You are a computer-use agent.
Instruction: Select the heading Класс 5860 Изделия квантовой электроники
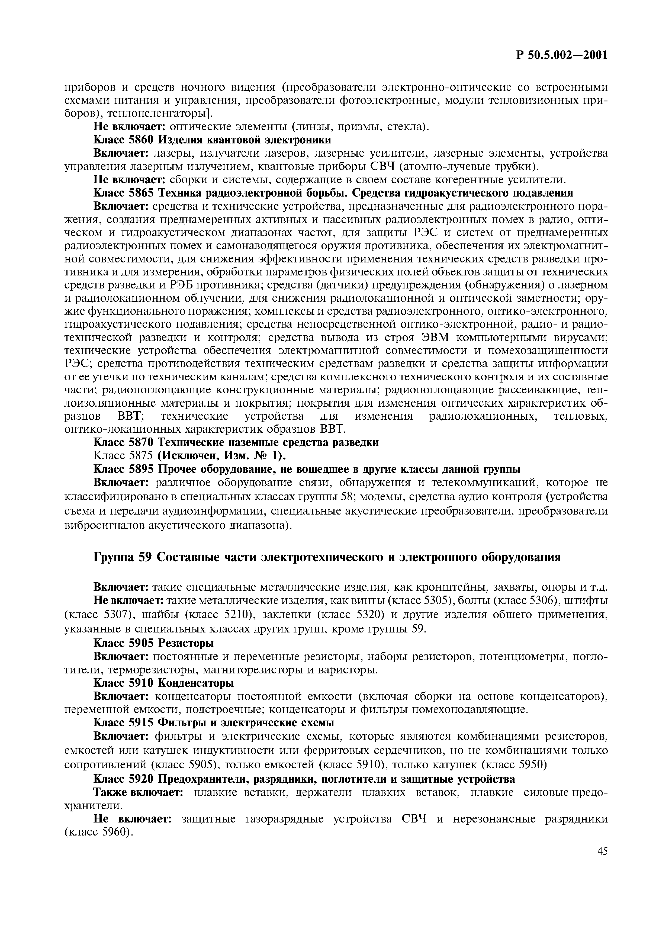[213, 140]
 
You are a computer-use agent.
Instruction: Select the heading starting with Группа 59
[327, 557]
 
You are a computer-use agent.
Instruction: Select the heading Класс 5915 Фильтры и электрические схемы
[214, 722]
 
